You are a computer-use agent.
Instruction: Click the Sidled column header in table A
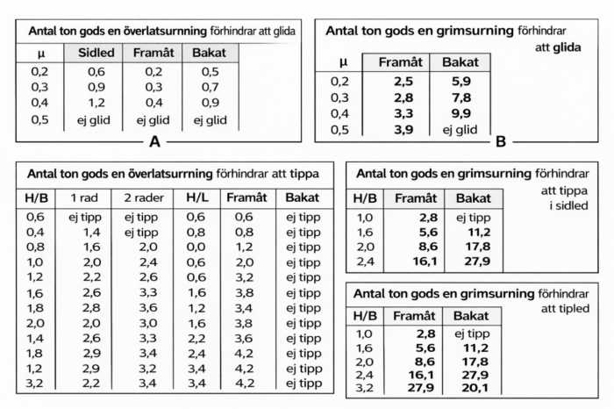click(96, 53)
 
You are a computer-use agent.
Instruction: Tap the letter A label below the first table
click(155, 140)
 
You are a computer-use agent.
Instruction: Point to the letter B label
click(501, 140)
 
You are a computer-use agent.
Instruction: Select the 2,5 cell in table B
click(403, 81)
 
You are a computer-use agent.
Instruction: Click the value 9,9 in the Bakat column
click(460, 113)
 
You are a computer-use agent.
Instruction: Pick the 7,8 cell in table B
click(460, 97)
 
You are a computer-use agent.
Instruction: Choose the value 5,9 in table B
click(460, 81)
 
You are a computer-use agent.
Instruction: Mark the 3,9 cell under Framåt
click(403, 130)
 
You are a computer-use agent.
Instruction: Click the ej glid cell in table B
click(460, 130)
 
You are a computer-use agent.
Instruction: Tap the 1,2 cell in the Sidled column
click(96, 104)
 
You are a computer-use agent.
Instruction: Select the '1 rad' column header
click(84, 198)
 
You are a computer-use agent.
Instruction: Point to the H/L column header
click(195, 198)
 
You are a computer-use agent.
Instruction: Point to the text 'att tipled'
click(560, 309)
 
